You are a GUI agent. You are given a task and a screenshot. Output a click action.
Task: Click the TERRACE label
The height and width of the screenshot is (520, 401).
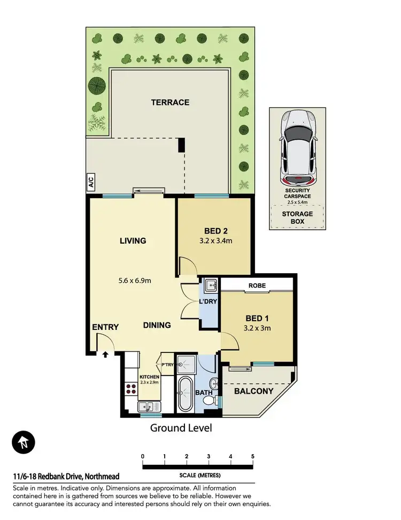(170, 102)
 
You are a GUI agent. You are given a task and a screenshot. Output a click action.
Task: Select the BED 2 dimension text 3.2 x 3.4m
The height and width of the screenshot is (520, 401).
(213, 240)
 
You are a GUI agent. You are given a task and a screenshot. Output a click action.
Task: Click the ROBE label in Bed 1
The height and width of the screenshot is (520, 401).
(257, 285)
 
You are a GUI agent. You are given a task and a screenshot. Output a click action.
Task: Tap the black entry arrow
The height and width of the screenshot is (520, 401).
(105, 354)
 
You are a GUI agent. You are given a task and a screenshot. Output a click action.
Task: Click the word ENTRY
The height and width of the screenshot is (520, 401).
(105, 327)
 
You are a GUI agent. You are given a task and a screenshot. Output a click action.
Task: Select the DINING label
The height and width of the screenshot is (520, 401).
(157, 325)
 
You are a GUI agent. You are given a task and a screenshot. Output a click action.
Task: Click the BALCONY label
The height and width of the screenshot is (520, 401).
(254, 391)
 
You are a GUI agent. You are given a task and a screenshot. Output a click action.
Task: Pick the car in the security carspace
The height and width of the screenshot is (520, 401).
(297, 146)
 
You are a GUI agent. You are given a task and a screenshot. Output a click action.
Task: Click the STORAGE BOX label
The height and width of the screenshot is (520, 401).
(297, 217)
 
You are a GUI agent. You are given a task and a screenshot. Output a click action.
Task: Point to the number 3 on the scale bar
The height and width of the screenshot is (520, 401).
(209, 456)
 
